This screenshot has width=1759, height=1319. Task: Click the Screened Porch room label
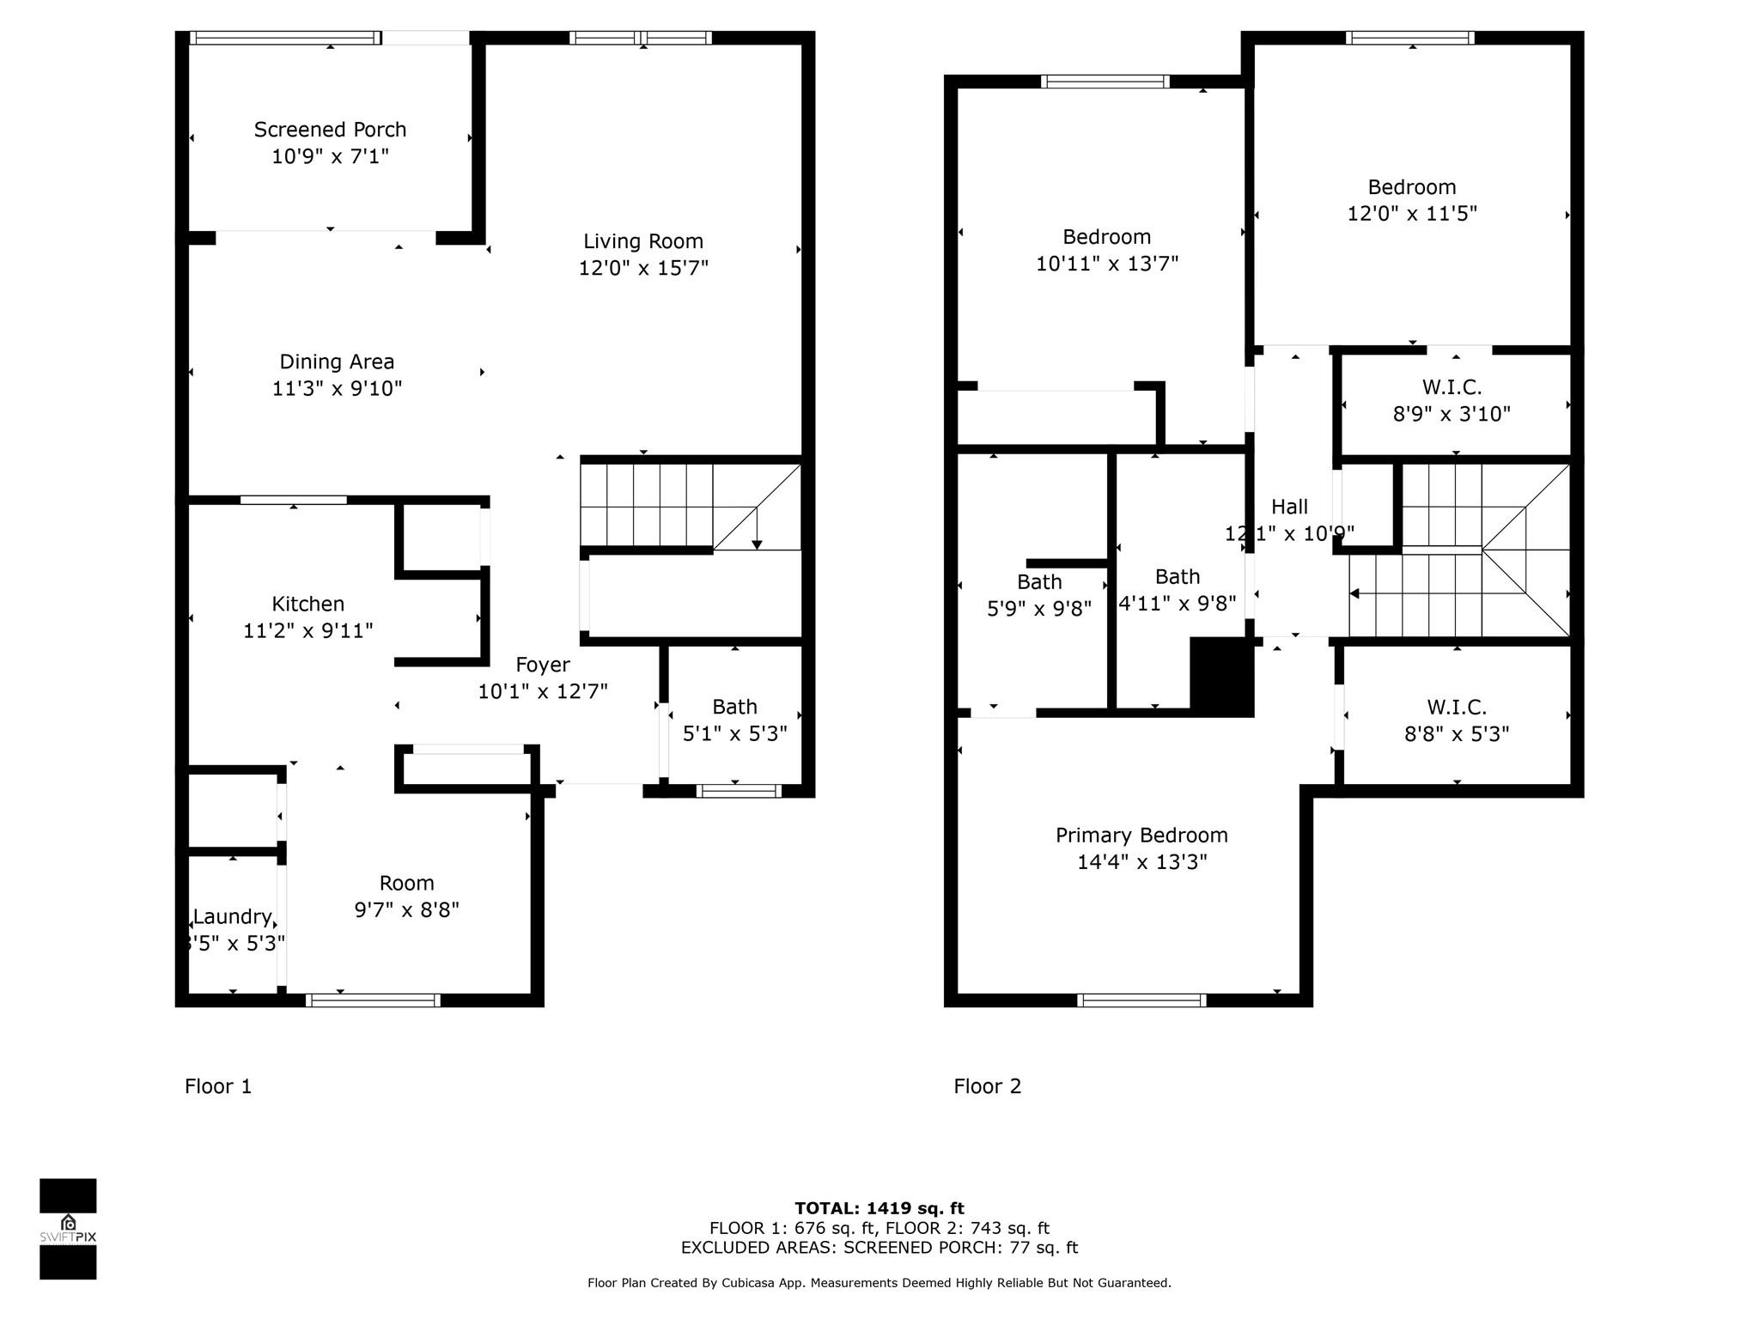click(x=330, y=130)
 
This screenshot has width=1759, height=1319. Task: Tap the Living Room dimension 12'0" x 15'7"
click(x=643, y=268)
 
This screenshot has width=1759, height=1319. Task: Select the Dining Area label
click(x=337, y=362)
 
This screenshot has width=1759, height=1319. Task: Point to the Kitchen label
click(x=307, y=604)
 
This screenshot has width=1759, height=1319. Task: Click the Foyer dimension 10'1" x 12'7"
click(x=543, y=691)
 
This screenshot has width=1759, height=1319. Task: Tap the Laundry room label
click(x=233, y=917)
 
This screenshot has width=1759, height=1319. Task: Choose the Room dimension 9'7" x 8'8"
click(x=407, y=909)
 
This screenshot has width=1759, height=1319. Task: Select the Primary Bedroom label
click(x=1141, y=836)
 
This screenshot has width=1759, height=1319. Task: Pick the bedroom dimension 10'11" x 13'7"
click(x=1107, y=264)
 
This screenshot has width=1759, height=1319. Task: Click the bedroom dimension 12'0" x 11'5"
click(x=1412, y=214)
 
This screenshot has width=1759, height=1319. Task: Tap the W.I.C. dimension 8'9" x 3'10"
click(x=1452, y=414)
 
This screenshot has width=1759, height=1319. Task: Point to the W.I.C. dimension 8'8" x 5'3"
click(x=1457, y=734)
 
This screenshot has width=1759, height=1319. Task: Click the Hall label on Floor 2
click(x=1290, y=507)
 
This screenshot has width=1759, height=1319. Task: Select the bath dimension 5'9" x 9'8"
click(x=1039, y=609)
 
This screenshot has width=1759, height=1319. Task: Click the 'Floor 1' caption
click(x=218, y=1086)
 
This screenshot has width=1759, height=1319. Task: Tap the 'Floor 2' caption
click(x=988, y=1086)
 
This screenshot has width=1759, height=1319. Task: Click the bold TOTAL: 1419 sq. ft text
click(x=879, y=1208)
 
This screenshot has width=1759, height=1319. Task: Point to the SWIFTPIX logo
click(x=68, y=1229)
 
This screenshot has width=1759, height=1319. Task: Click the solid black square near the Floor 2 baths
click(x=1222, y=677)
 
